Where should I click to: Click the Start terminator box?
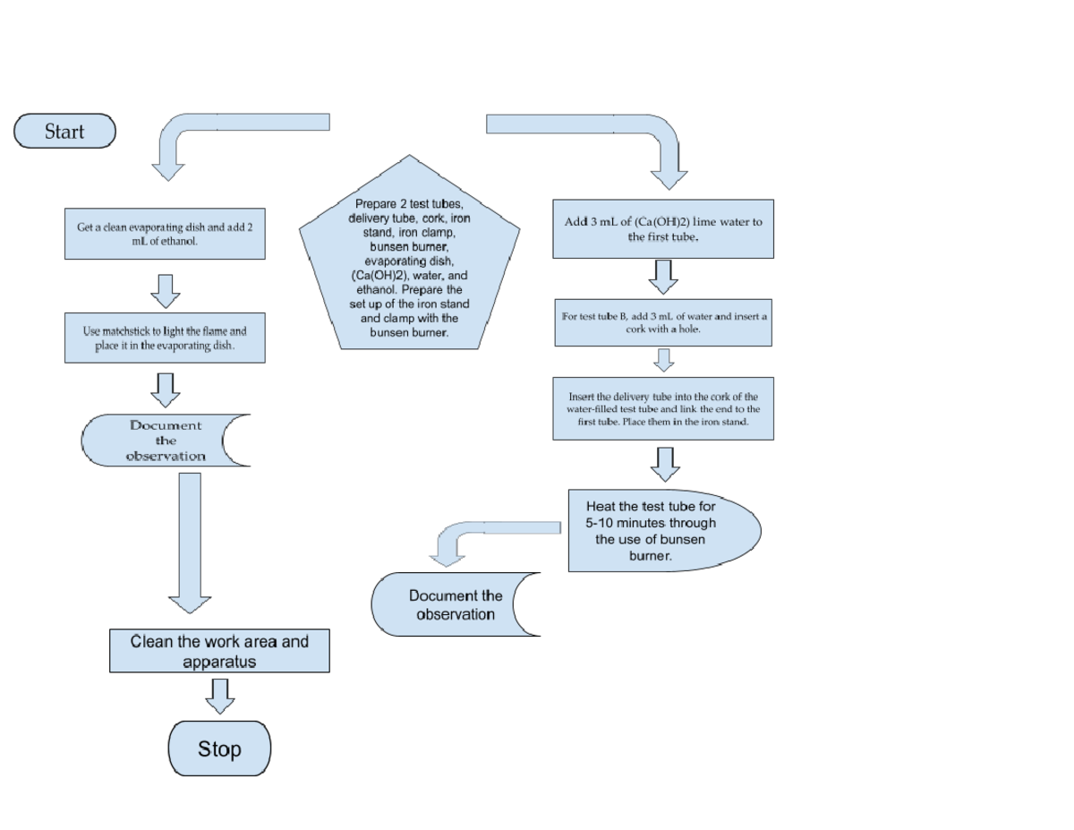click(64, 131)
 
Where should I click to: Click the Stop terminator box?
click(219, 749)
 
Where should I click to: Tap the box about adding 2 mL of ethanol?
click(165, 235)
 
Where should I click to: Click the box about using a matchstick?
click(165, 338)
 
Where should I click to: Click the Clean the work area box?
click(219, 651)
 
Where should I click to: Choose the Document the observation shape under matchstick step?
click(161, 441)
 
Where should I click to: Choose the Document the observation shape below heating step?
click(452, 604)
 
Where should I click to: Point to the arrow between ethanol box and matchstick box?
click(166, 289)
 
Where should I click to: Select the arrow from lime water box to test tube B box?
click(663, 277)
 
